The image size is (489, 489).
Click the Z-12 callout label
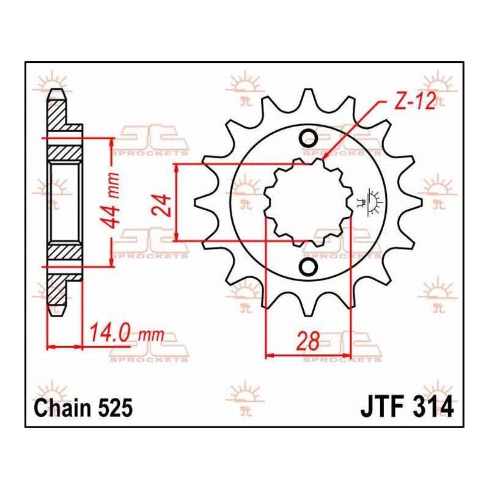(x=414, y=101)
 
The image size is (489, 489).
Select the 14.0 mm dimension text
(x=127, y=334)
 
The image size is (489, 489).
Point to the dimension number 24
(x=161, y=205)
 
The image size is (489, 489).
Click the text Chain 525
(x=83, y=408)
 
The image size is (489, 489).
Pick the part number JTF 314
(x=407, y=407)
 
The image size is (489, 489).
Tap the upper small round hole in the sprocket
(x=308, y=137)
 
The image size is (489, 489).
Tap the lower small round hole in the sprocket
(x=308, y=266)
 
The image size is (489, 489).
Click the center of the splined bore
(x=308, y=202)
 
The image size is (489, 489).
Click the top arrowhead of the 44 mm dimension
(x=111, y=138)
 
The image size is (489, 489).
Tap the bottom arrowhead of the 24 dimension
(x=177, y=241)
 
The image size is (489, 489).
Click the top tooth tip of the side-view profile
(x=57, y=90)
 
